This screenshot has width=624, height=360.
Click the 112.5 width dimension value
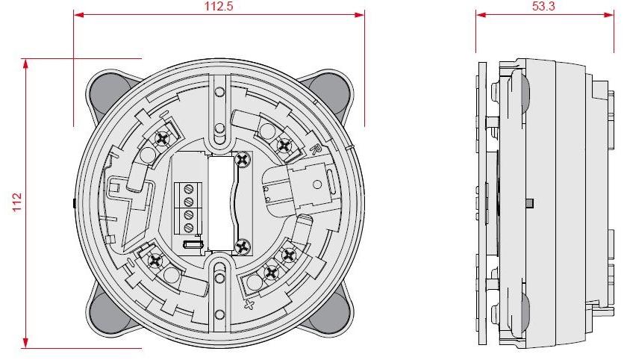[x=219, y=6]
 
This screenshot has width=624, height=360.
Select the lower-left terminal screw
[x=156, y=261]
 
